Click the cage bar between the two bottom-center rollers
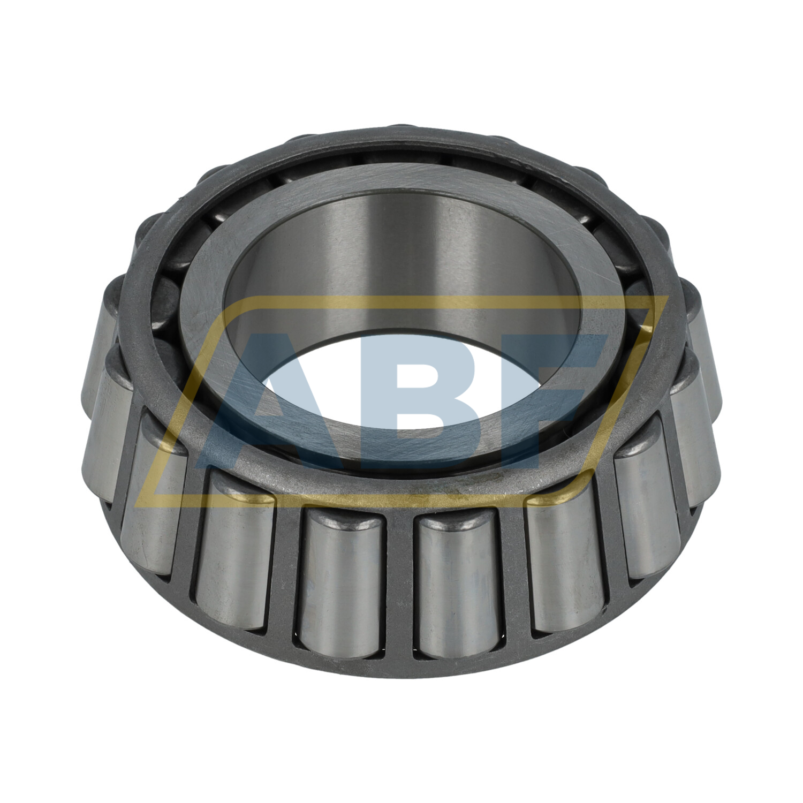(x=401, y=584)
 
